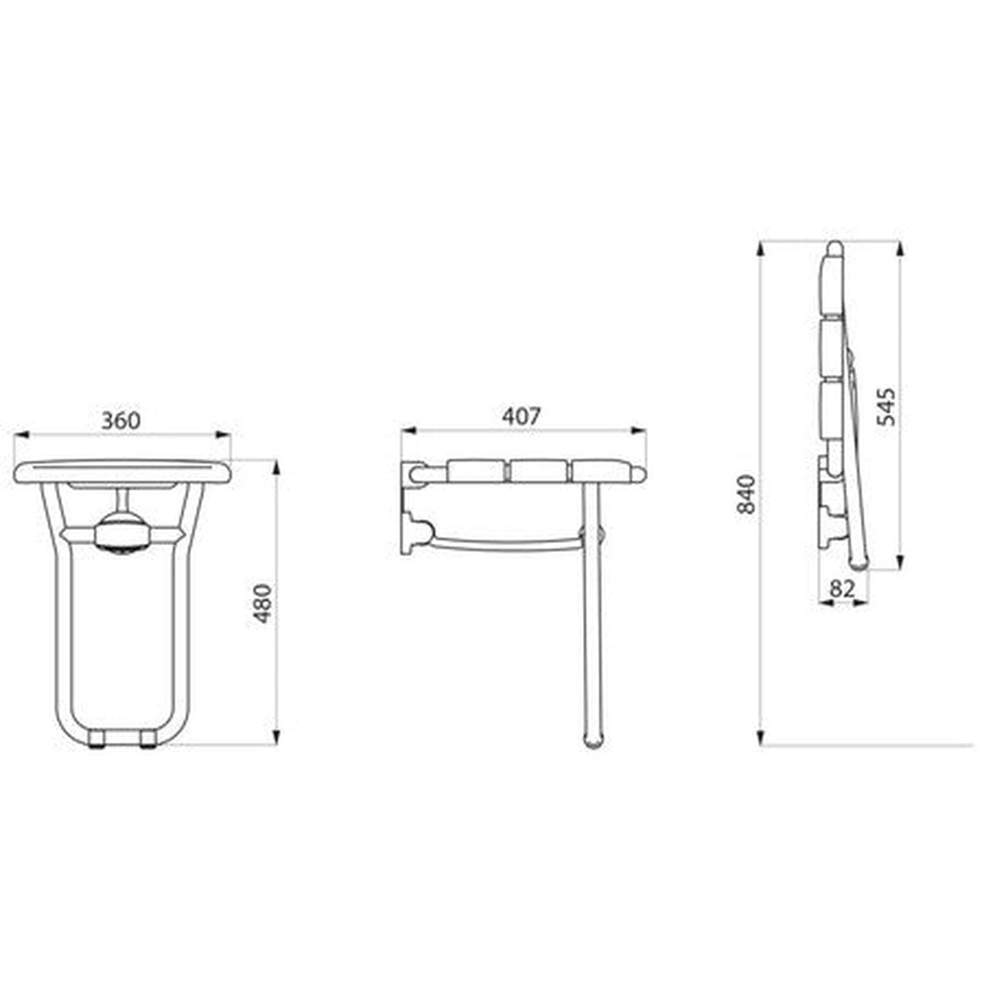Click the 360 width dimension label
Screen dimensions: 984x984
pyautogui.click(x=121, y=421)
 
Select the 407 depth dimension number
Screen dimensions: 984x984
pyautogui.click(x=521, y=417)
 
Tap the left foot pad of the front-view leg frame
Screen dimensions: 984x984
pyautogui.click(x=95, y=740)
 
